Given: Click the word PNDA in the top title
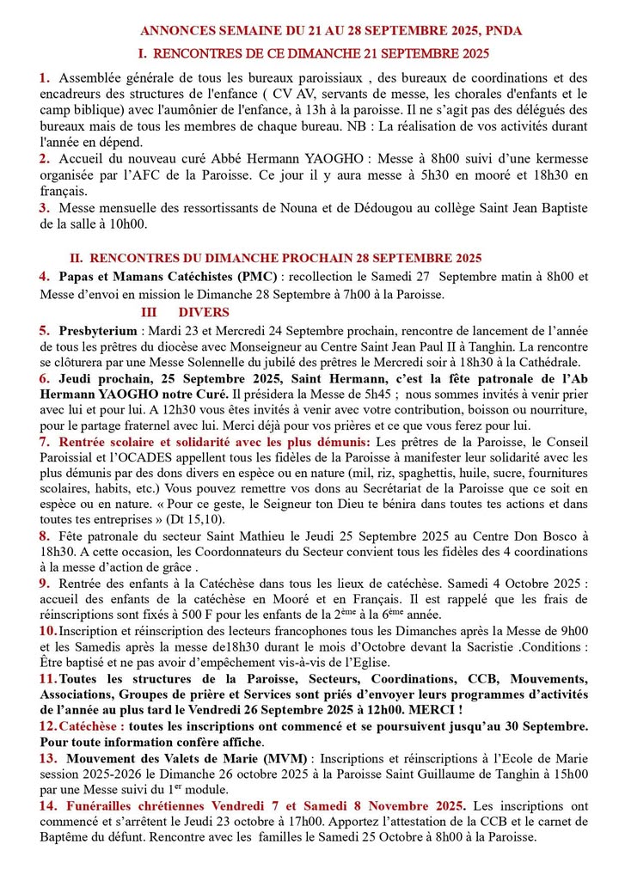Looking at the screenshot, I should pyautogui.click(x=503, y=30).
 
